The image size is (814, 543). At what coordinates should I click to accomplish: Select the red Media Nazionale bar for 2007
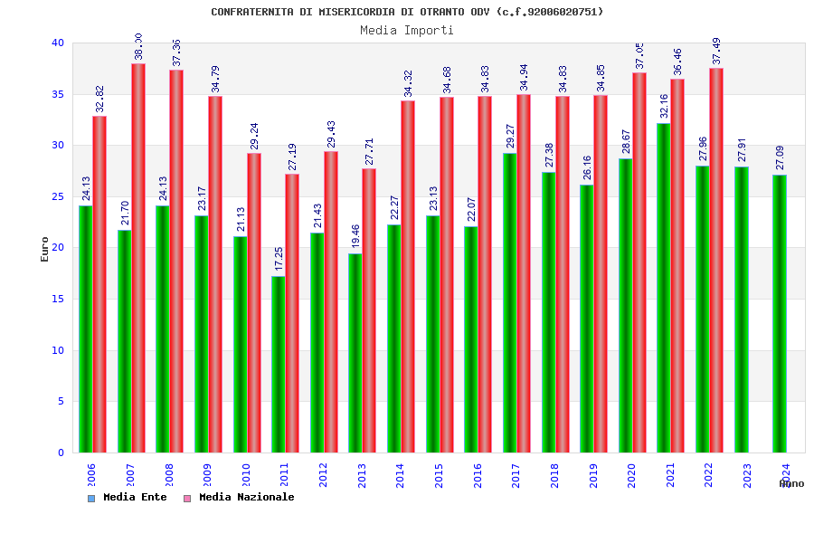point(138,258)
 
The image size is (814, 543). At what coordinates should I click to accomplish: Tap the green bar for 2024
point(780,313)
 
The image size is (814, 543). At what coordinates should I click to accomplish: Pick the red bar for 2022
point(716,260)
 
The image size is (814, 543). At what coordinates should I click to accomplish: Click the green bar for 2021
point(664,288)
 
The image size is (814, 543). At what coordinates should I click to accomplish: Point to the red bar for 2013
point(369,310)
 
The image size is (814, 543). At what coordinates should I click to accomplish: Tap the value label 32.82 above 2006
point(100,99)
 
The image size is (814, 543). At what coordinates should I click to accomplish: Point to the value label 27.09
point(781,157)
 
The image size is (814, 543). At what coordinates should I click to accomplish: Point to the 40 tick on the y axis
point(58,43)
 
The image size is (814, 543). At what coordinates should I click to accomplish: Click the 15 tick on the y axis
point(58,299)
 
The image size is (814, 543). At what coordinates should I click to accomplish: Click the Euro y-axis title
point(45,249)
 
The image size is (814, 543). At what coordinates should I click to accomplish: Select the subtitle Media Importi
point(407,30)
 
